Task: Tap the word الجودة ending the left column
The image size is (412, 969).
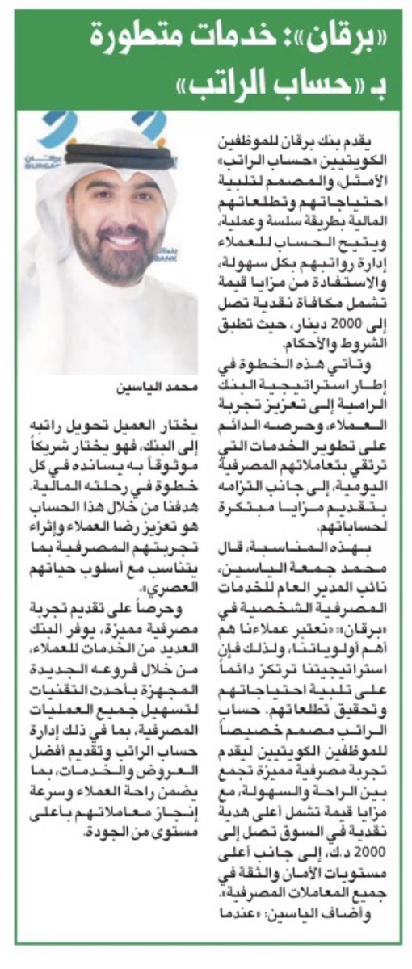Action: pos(86,696)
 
